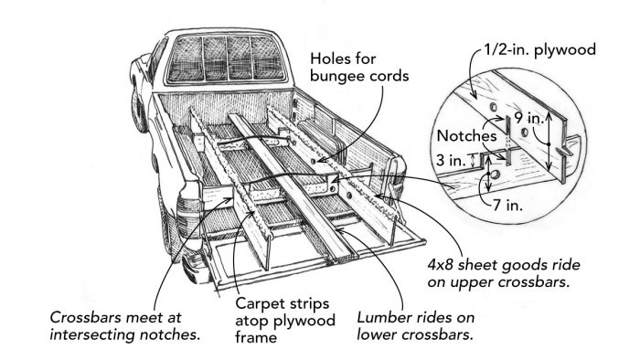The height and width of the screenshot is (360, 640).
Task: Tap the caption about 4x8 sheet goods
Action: coord(523,274)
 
